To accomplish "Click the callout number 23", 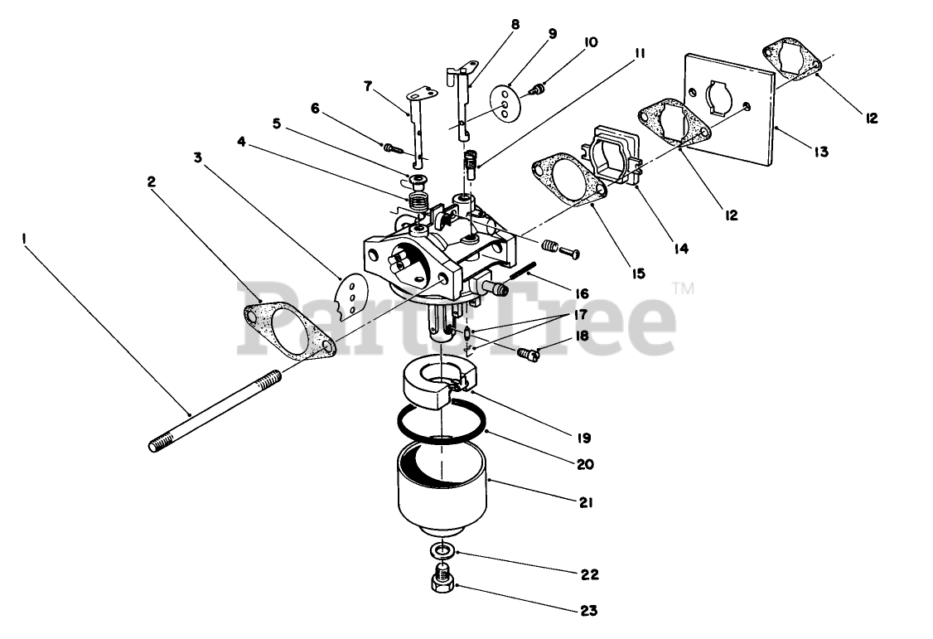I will [587, 612].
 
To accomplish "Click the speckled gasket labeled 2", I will [290, 332].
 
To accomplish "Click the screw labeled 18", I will [528, 355].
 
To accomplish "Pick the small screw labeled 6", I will [392, 148].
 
